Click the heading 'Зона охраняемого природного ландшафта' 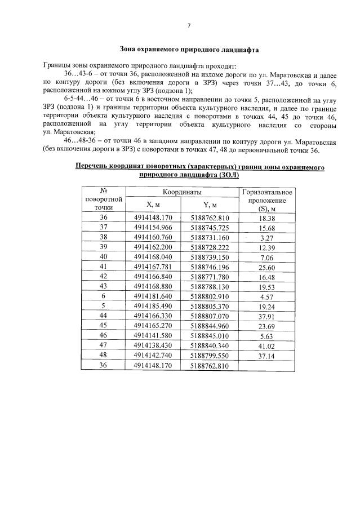coord(189,50)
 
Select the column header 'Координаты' coord(180,192)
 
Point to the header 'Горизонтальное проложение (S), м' coord(266,201)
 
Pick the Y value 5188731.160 coord(210,237)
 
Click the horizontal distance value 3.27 coord(266,237)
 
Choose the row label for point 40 coord(103,257)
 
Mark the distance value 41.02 coord(266,345)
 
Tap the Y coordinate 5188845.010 coord(210,336)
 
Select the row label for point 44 coord(103,316)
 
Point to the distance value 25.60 coord(266,267)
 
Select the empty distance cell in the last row coord(266,365)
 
